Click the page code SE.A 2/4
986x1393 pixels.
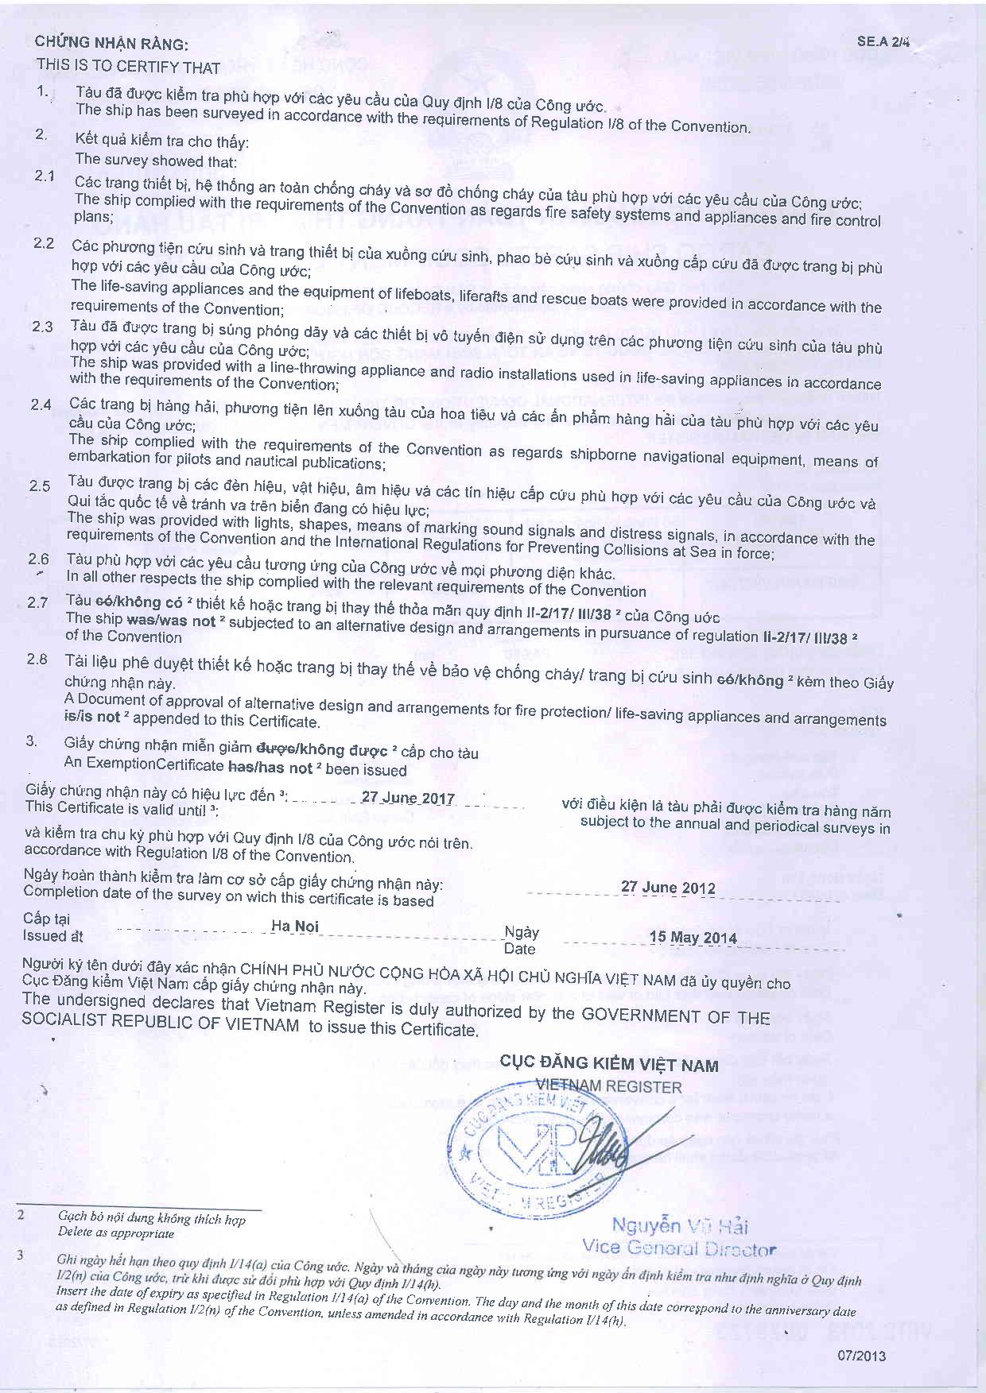(x=882, y=41)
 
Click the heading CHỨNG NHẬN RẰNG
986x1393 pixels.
(x=111, y=44)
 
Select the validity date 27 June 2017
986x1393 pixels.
(x=408, y=798)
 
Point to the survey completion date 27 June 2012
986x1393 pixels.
(x=668, y=888)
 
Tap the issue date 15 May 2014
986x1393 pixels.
(x=693, y=937)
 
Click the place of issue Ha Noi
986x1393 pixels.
(x=294, y=926)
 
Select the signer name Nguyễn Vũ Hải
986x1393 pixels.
(x=679, y=1225)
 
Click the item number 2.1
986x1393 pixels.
(x=45, y=176)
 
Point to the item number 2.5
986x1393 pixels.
(x=40, y=486)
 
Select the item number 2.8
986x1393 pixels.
(x=37, y=660)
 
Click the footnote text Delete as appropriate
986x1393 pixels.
(x=116, y=1233)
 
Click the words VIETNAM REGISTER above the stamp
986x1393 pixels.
(x=608, y=1086)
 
